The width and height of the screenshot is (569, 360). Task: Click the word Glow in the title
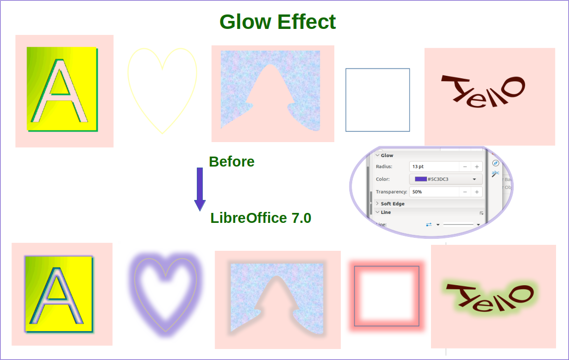pos(246,22)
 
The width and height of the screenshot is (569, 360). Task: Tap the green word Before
pos(232,162)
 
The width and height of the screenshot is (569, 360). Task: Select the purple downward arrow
pos(200,188)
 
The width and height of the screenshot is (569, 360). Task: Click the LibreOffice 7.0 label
pos(261,218)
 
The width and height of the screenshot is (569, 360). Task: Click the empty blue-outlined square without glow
pos(378,100)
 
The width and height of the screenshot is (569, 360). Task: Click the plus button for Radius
pos(477,167)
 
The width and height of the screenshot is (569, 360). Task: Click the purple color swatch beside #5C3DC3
pos(421,179)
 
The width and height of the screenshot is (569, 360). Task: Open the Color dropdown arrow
pos(474,179)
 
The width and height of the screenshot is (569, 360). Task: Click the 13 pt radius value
pos(419,167)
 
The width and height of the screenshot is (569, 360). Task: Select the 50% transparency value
pos(418,192)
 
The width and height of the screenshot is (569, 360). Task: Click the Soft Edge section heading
pos(393,203)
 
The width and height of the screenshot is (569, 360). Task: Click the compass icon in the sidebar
pos(495,163)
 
